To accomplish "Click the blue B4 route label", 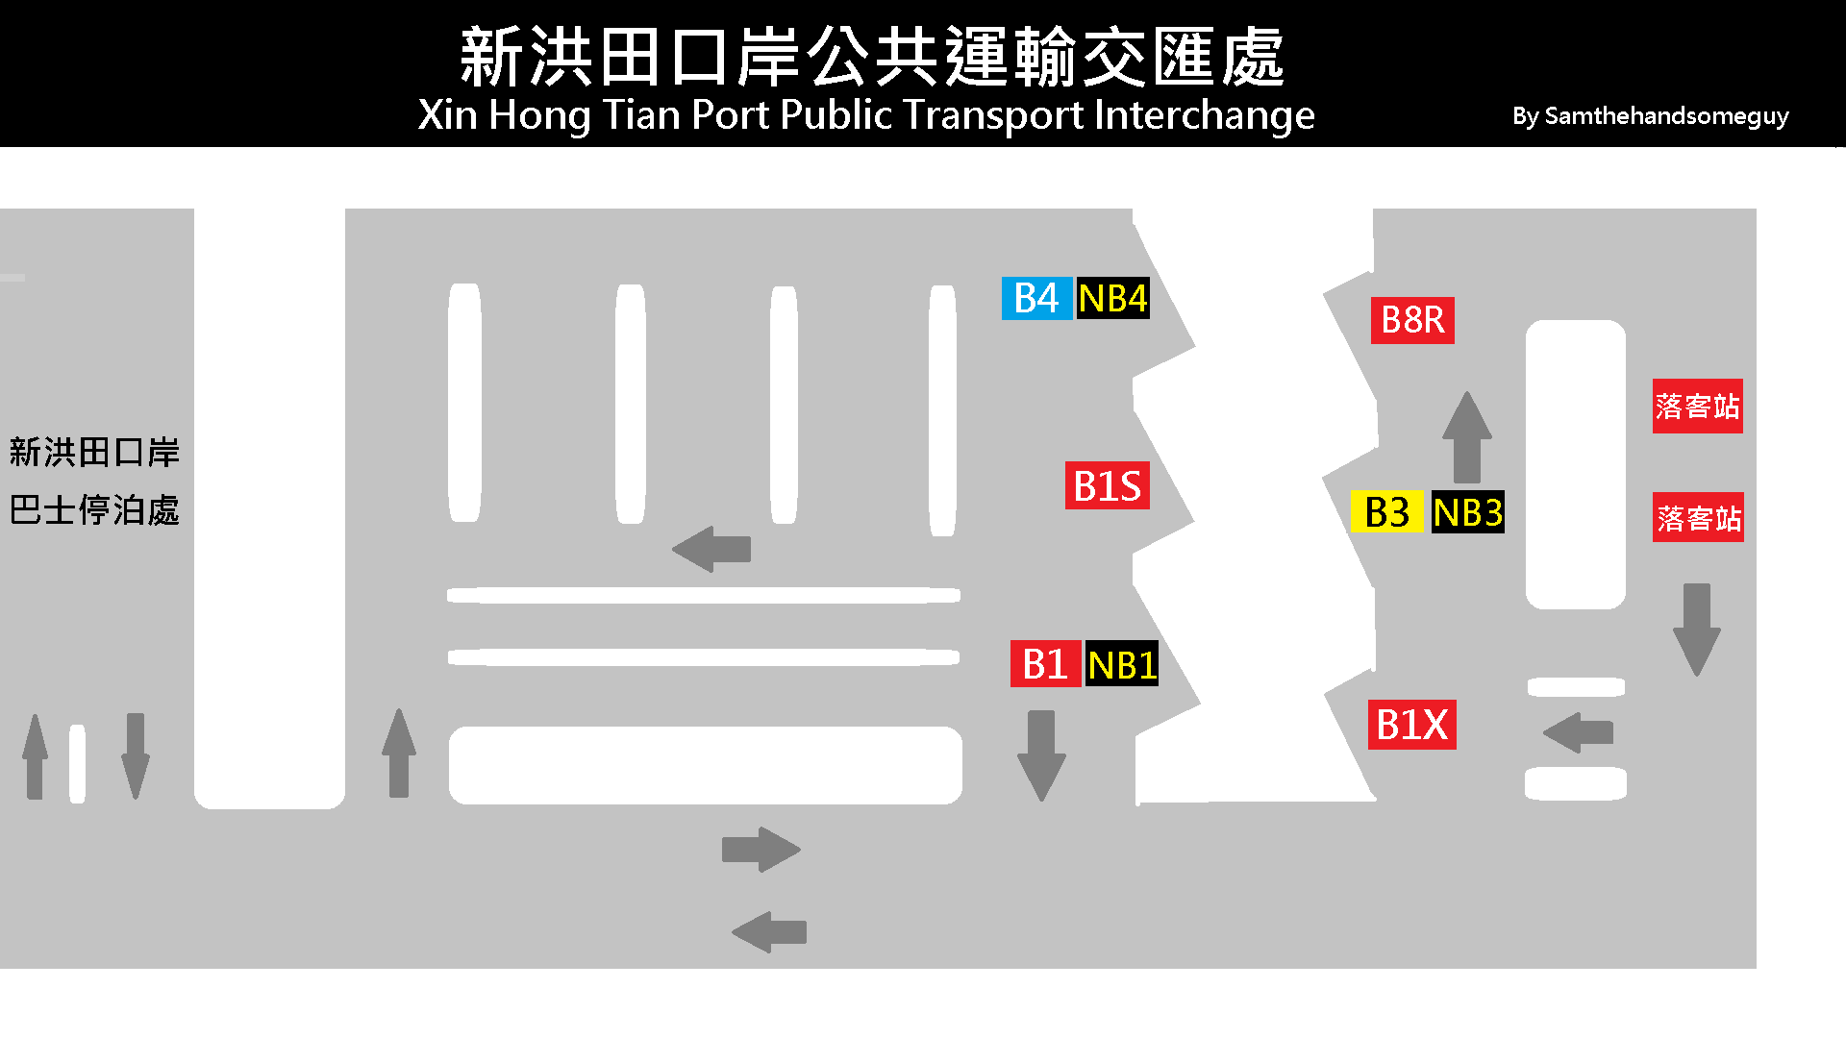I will (x=1035, y=298).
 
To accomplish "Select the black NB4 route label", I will (x=1112, y=298).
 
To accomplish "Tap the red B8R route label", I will (x=1411, y=320).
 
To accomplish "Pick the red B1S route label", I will (x=1107, y=485).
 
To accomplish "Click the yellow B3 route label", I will (x=1386, y=512).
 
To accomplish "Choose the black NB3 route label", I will (x=1467, y=512).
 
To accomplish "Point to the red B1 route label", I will (x=1045, y=664).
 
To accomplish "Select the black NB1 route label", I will (x=1121, y=664).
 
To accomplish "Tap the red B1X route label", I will (x=1411, y=725).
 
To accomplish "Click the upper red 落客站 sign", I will (x=1697, y=406).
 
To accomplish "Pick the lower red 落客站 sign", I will (x=1698, y=518).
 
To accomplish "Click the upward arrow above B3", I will (x=1467, y=436).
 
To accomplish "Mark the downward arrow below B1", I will (x=1041, y=755).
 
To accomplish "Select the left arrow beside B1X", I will (x=1579, y=732).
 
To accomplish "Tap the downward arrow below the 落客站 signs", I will (x=1697, y=630).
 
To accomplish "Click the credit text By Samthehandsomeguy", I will (x=1650, y=116).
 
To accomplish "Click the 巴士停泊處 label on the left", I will (x=94, y=510).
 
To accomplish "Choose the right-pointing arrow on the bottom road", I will (x=761, y=850).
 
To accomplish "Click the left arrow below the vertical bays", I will (x=711, y=550).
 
